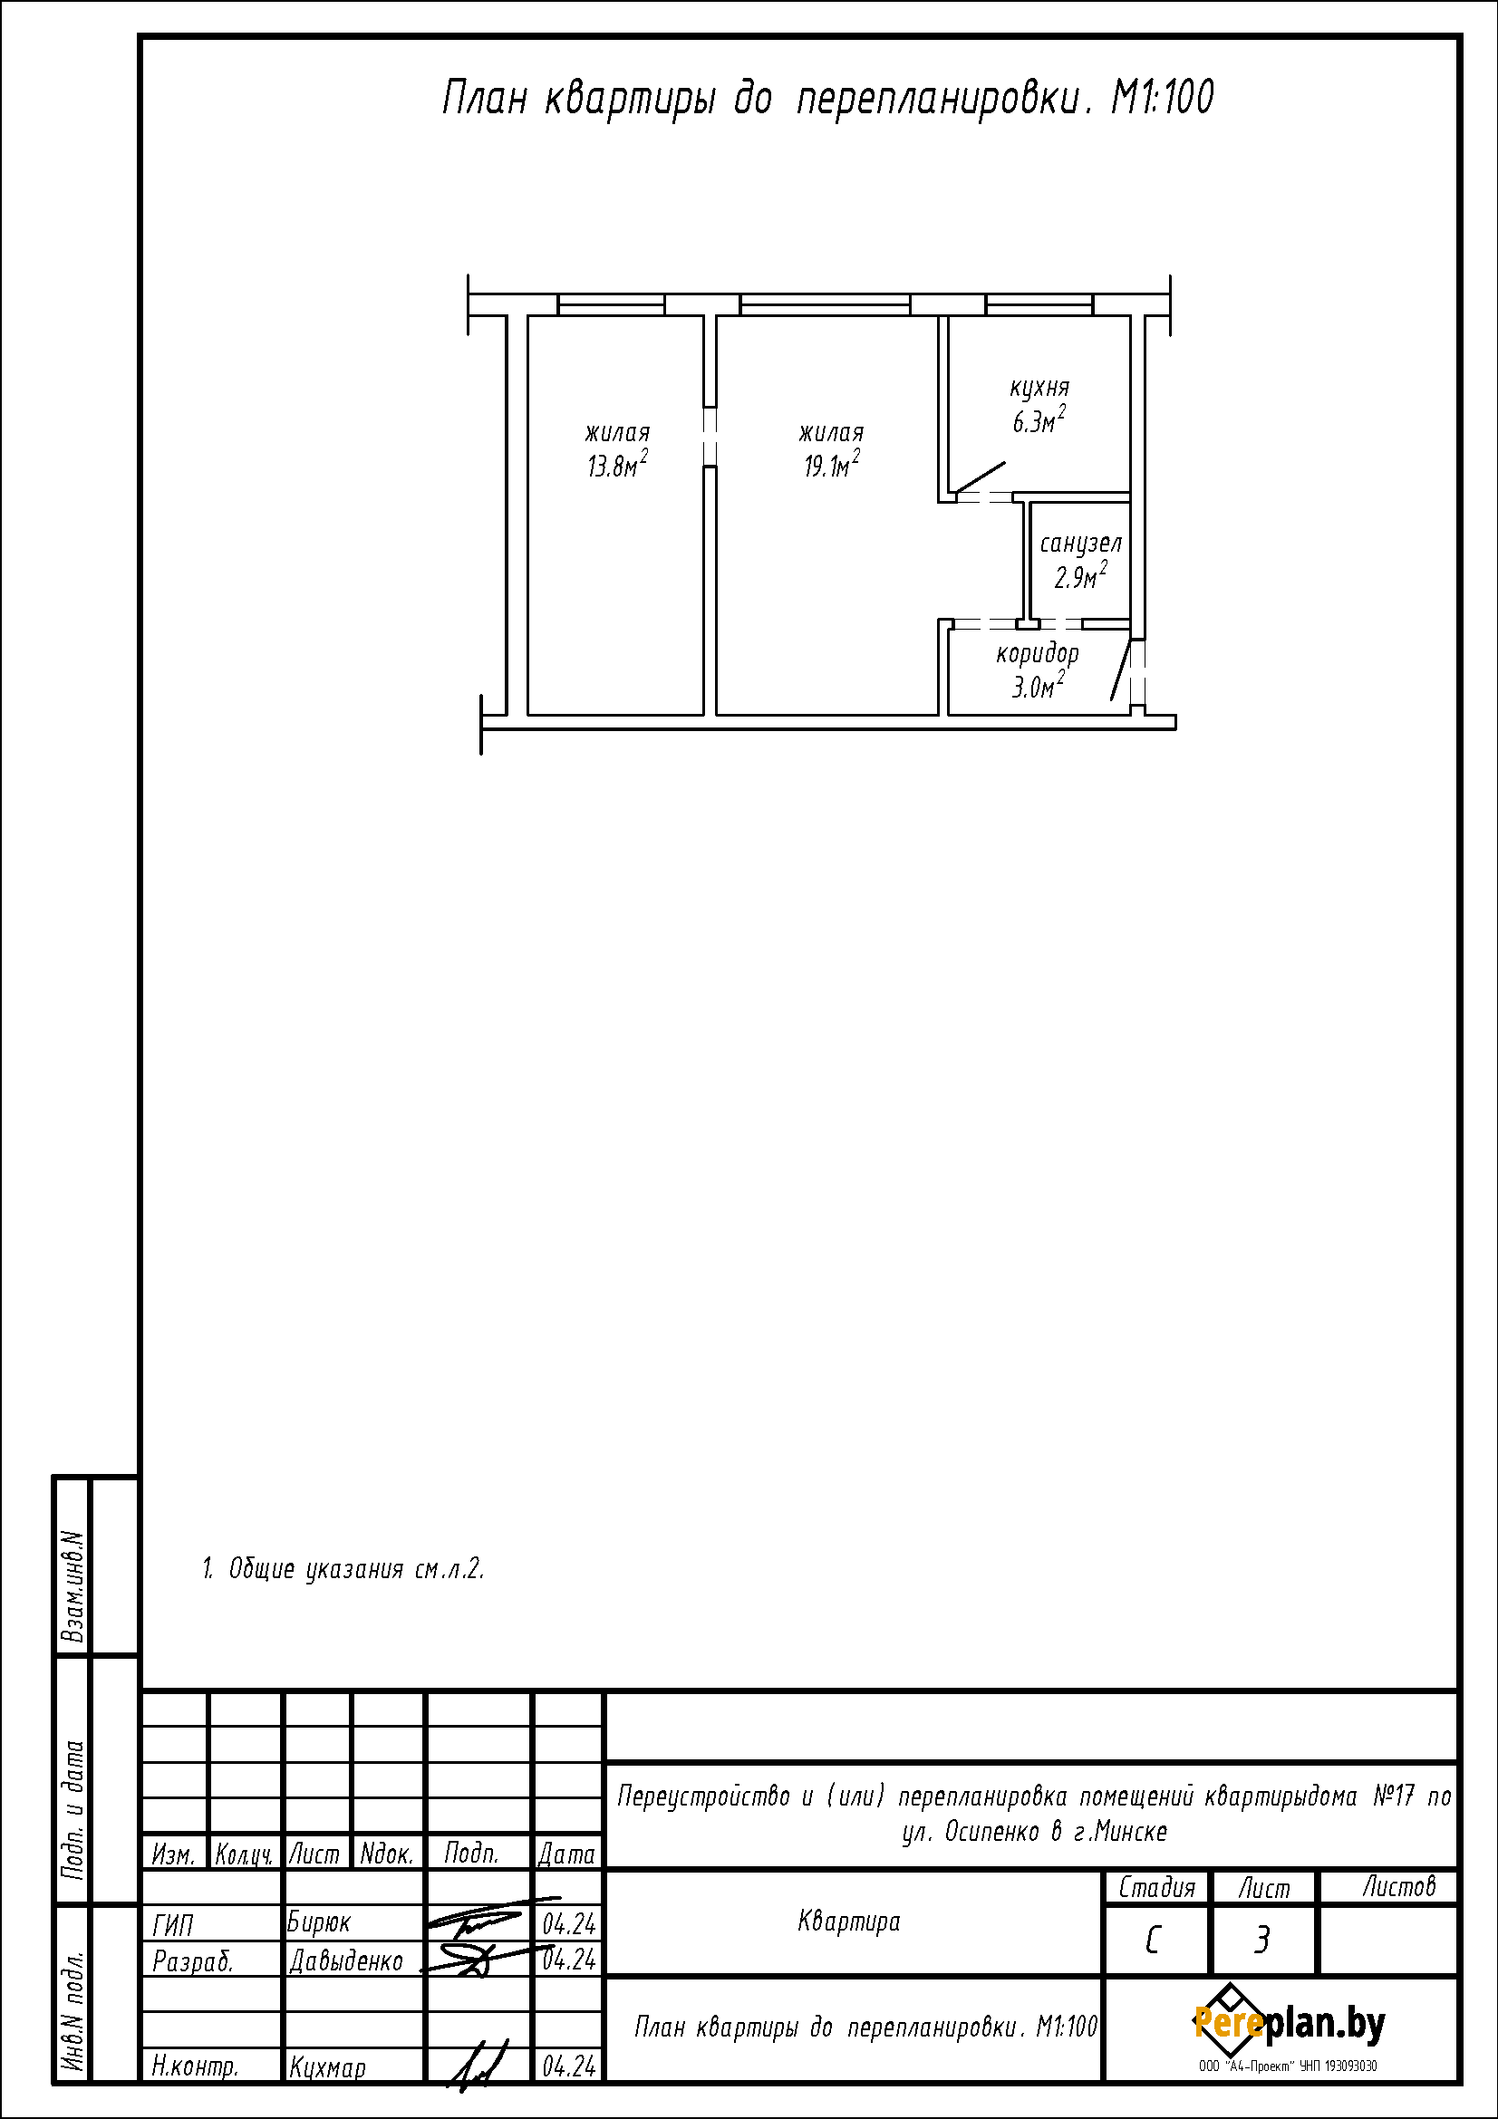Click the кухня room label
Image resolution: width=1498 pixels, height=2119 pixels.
pos(1039,389)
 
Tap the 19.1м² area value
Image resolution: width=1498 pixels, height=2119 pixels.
pos(833,464)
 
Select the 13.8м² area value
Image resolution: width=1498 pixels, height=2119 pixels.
pos(617,464)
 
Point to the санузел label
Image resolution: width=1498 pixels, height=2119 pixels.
pos(1081,544)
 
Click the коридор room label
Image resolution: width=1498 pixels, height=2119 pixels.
pos(1038,654)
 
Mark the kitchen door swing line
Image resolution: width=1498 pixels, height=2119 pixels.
pos(981,477)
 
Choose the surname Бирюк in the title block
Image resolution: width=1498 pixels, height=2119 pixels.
pos(319,1922)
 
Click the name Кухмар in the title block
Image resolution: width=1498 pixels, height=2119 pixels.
pos(328,2067)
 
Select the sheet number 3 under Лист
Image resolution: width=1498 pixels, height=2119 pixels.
pos(1261,1941)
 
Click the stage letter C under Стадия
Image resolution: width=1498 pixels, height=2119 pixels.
pos(1152,1941)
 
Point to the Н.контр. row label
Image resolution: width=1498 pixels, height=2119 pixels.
pos(196,2067)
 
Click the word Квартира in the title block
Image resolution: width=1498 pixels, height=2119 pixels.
pos(849,1922)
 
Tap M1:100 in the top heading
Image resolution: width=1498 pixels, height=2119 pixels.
pos(1162,98)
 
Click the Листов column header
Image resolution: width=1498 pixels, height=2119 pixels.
pos(1399,1887)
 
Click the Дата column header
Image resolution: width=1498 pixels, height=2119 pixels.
pos(567,1854)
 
